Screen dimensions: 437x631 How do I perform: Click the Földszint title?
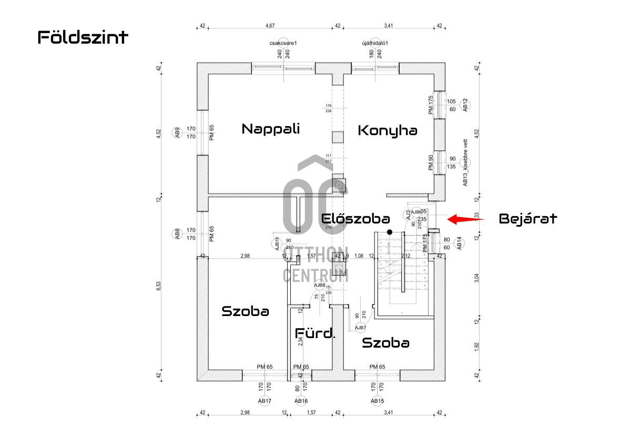[83, 37]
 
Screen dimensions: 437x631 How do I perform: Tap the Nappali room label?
[270, 129]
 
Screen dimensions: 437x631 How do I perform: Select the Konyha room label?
[388, 130]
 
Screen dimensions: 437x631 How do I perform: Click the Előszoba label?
[355, 219]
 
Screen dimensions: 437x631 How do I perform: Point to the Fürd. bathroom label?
[315, 333]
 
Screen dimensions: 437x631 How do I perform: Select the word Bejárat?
[527, 219]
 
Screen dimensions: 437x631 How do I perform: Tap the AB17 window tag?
[264, 401]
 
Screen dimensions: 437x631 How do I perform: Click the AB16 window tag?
[301, 401]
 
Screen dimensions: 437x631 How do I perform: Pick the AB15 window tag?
[377, 401]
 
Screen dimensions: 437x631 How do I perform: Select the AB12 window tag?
[465, 105]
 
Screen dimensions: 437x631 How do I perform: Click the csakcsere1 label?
[283, 43]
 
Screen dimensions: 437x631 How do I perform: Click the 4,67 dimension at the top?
[270, 25]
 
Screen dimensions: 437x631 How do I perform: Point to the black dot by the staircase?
[390, 232]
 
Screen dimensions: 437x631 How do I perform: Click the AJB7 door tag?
[360, 328]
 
